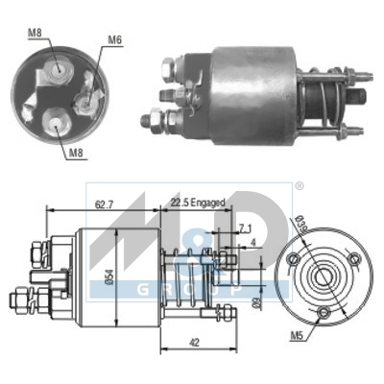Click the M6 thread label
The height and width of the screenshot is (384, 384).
[114, 39]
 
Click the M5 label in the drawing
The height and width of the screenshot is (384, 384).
[299, 338]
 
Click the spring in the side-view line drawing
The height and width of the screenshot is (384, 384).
[188, 279]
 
